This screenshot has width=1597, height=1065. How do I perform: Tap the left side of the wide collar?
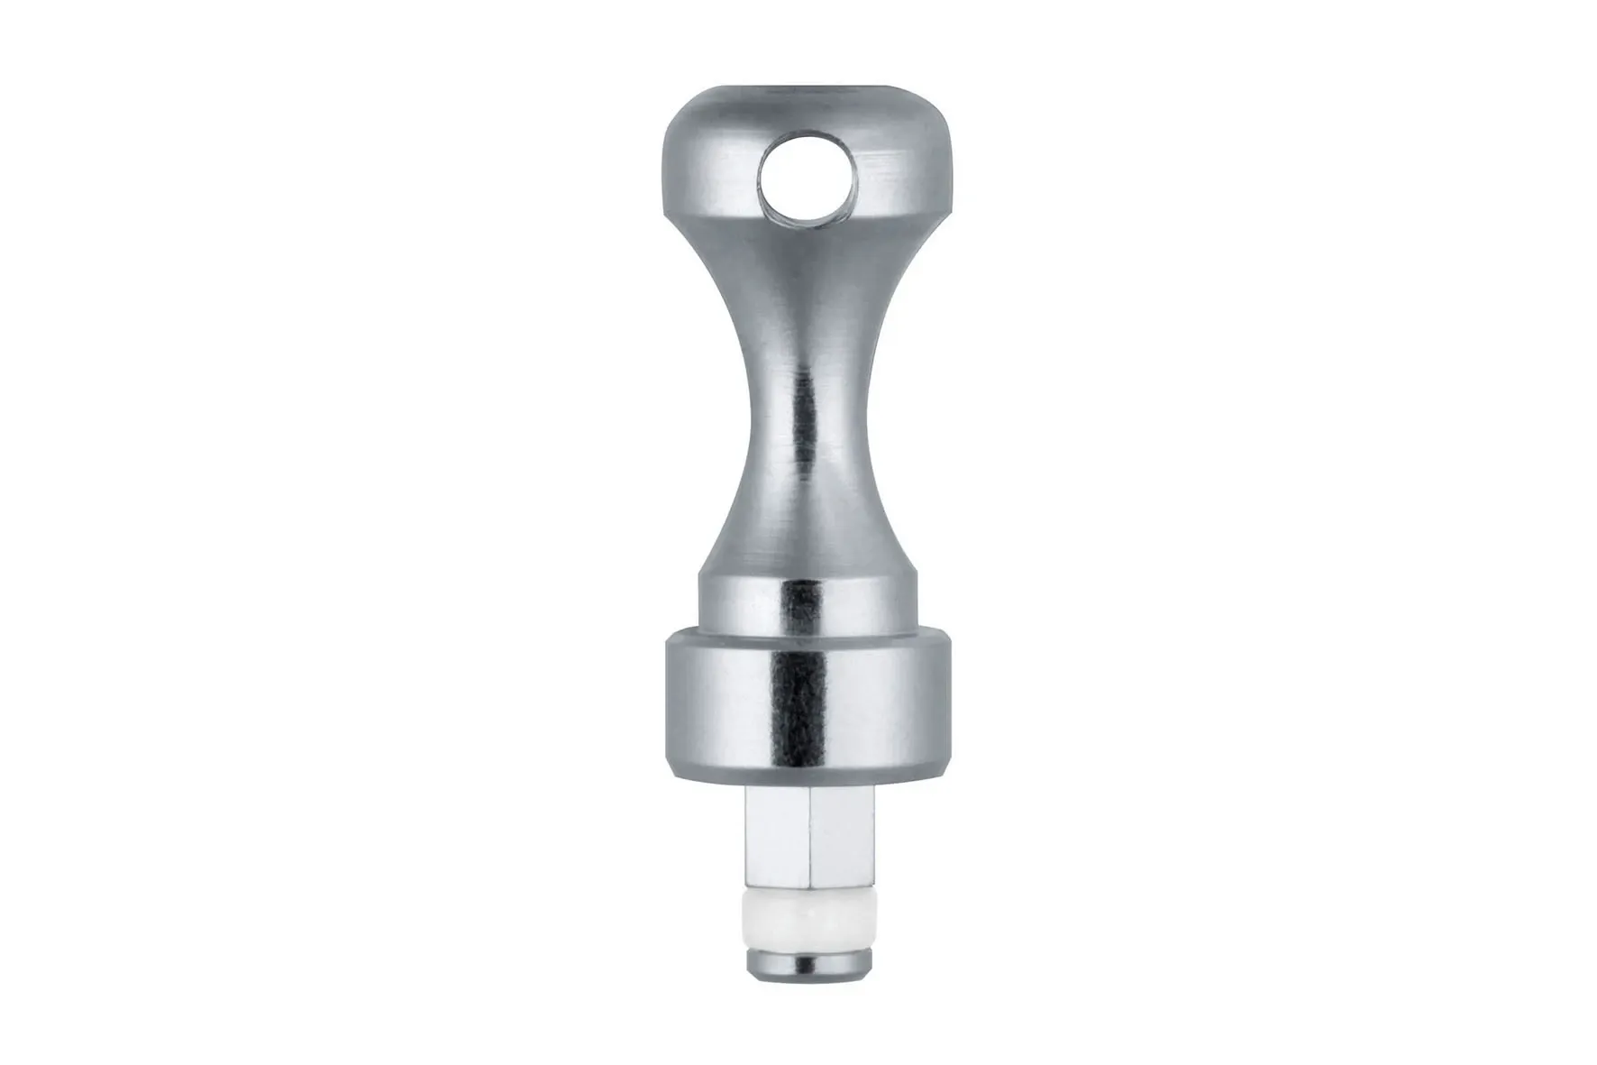(x=694, y=703)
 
